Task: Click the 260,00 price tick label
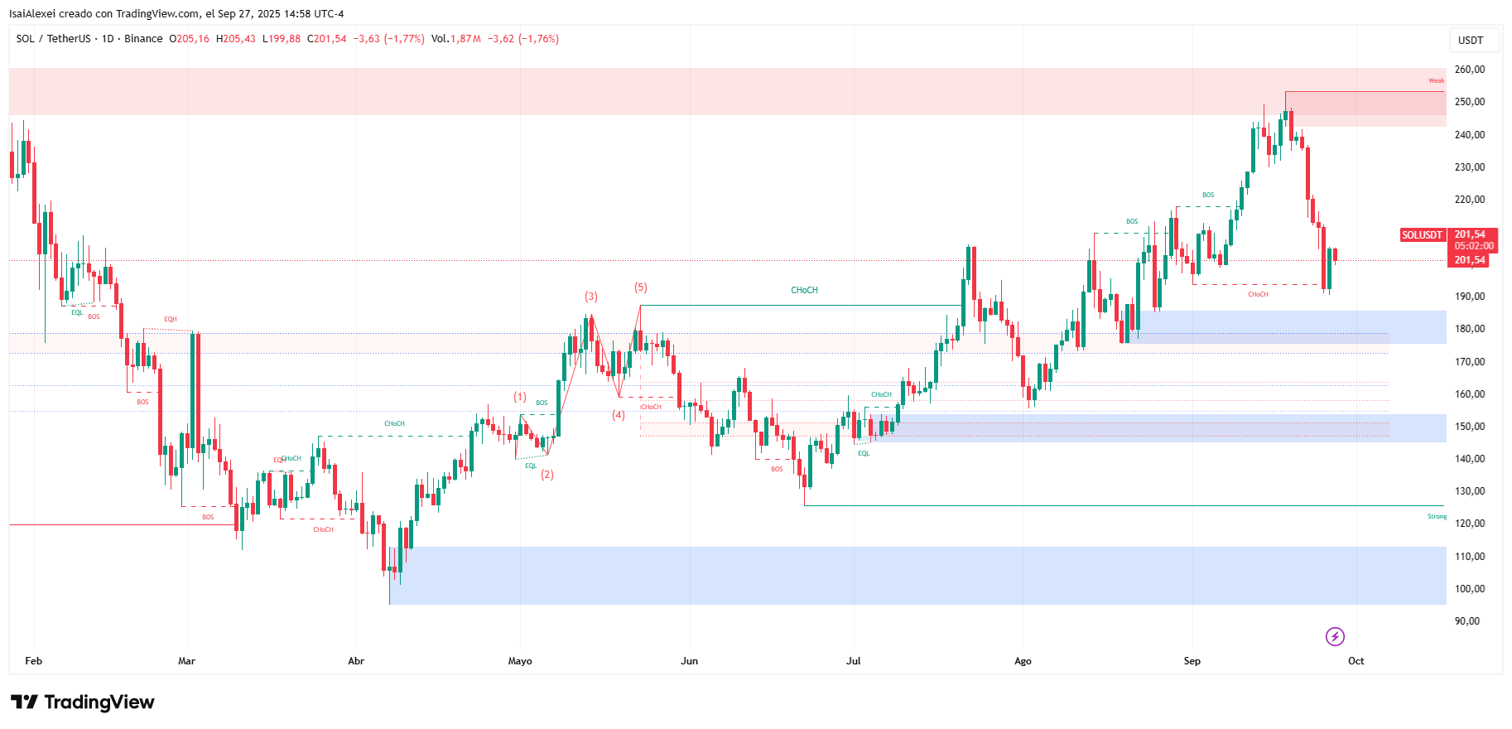tap(1469, 70)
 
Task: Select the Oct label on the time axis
tap(1356, 661)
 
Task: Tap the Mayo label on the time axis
tap(520, 661)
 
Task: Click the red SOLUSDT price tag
tap(1422, 235)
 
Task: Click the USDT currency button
tap(1471, 41)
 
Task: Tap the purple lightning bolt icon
tap(1335, 636)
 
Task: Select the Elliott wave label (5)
tap(641, 287)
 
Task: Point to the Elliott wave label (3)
tap(590, 296)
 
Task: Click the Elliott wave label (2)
tap(547, 475)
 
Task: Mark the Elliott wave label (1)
tap(520, 397)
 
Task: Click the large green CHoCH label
tap(804, 290)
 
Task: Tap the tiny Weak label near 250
tap(1436, 80)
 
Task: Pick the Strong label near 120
tap(1437, 517)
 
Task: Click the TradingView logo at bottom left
tap(83, 702)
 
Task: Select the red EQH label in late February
tap(170, 319)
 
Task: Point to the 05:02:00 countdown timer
tap(1474, 246)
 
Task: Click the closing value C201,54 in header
tap(327, 39)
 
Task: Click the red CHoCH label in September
tap(1258, 294)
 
